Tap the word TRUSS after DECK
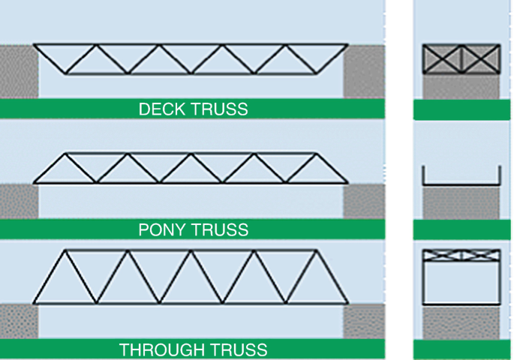point(219,109)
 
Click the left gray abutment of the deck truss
point(19,72)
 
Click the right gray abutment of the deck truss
point(364,72)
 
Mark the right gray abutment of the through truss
point(364,320)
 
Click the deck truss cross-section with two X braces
point(461,58)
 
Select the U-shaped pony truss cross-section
point(461,177)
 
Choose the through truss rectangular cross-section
point(461,276)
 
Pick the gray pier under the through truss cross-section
point(461,322)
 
